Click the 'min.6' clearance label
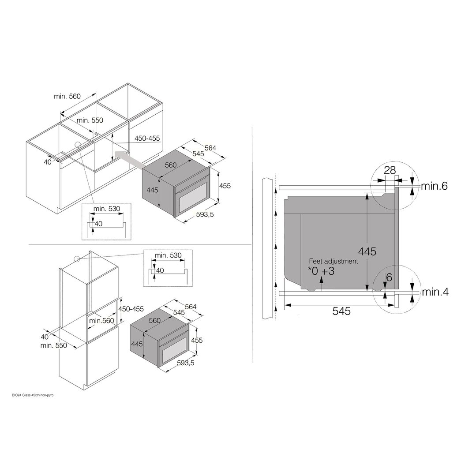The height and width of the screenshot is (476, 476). pyautogui.click(x=434, y=186)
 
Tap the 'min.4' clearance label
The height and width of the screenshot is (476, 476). pyautogui.click(x=435, y=292)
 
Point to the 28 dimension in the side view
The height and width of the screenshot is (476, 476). pyautogui.click(x=390, y=170)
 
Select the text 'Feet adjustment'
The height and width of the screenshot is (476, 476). pyautogui.click(x=334, y=261)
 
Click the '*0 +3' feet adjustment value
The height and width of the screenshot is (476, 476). pyautogui.click(x=321, y=271)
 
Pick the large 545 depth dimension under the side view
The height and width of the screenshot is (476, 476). pyautogui.click(x=341, y=311)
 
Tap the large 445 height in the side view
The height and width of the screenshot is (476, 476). pyautogui.click(x=367, y=251)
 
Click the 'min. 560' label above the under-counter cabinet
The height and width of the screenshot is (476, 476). pyautogui.click(x=67, y=96)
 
